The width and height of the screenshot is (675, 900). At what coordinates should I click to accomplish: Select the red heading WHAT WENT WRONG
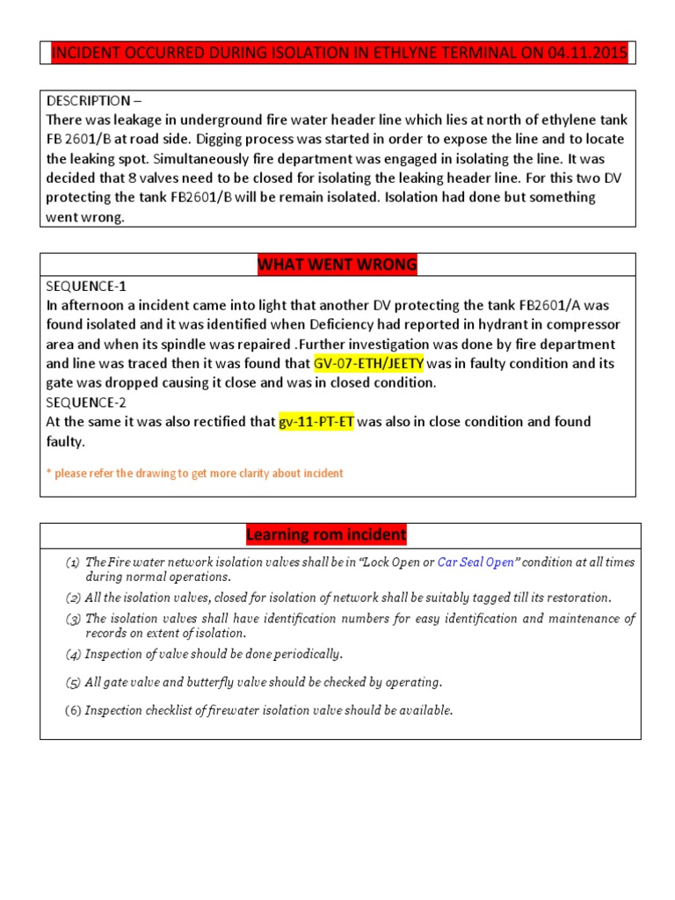click(x=337, y=265)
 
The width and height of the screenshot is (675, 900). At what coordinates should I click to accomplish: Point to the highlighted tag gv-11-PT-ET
click(x=316, y=422)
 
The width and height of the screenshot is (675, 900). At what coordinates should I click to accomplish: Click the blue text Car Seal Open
click(x=475, y=562)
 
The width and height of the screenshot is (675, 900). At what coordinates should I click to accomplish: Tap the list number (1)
click(x=73, y=562)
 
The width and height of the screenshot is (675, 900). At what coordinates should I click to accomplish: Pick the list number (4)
click(x=73, y=654)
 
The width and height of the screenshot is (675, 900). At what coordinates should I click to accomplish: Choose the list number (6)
click(x=73, y=710)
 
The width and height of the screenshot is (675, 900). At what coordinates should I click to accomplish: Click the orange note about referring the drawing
click(x=194, y=473)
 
